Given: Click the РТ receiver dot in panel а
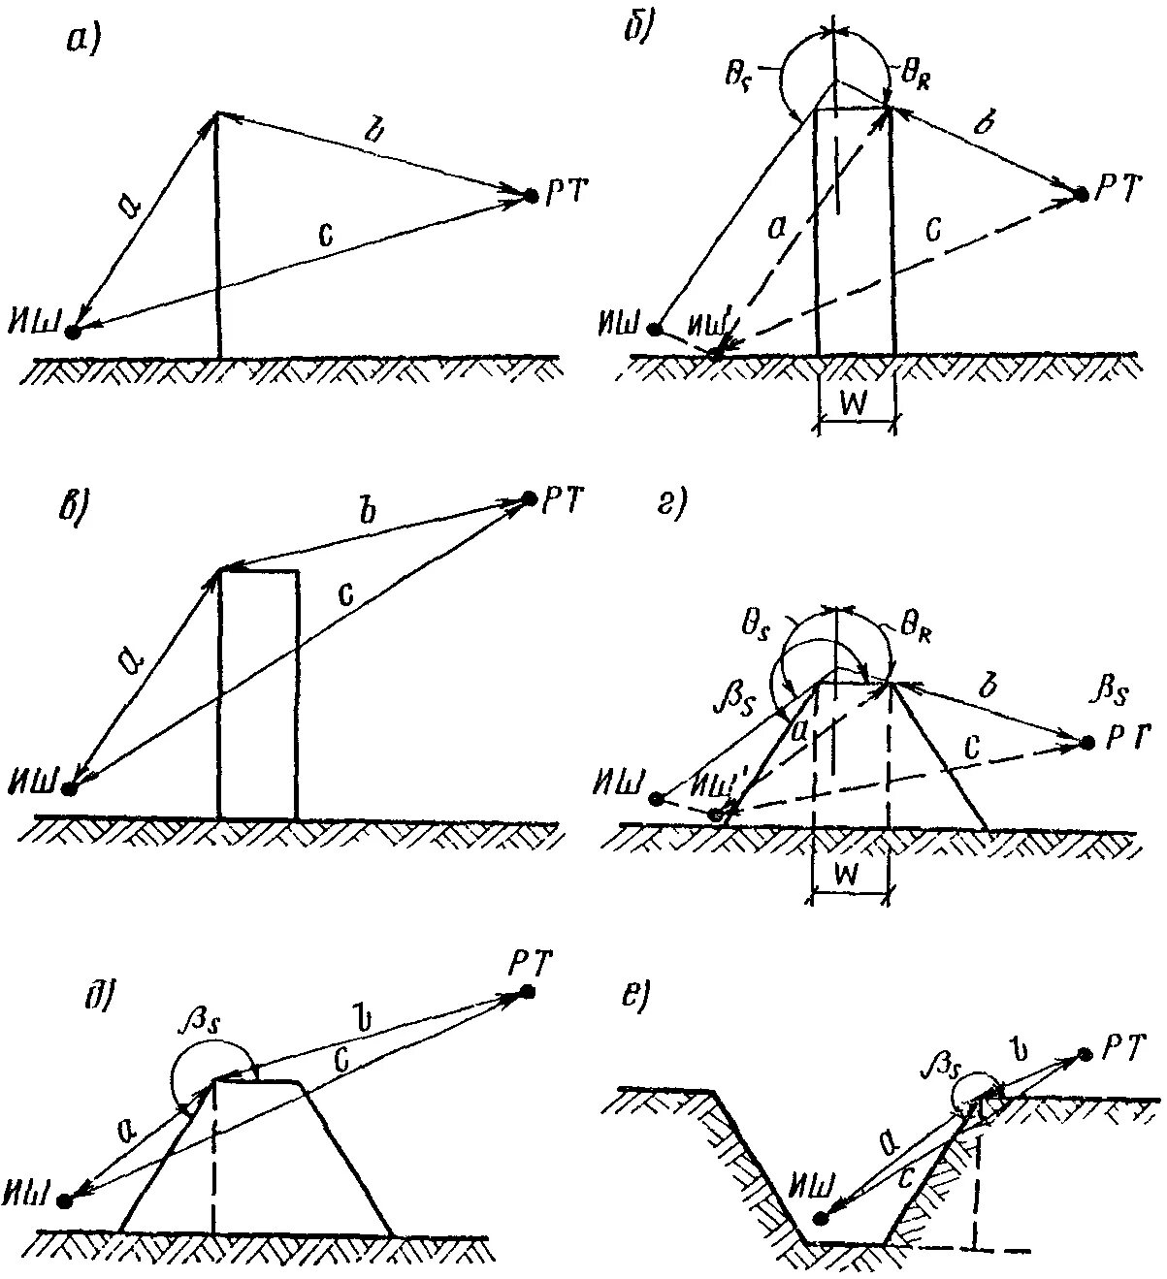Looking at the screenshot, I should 531,196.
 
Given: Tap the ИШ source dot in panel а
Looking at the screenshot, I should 73,333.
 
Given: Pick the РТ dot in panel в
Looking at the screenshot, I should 529,498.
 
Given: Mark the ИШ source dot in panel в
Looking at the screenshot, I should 69,788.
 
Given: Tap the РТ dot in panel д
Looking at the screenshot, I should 528,991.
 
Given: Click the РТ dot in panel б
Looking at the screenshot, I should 1080,195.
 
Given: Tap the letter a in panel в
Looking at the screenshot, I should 132,662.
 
